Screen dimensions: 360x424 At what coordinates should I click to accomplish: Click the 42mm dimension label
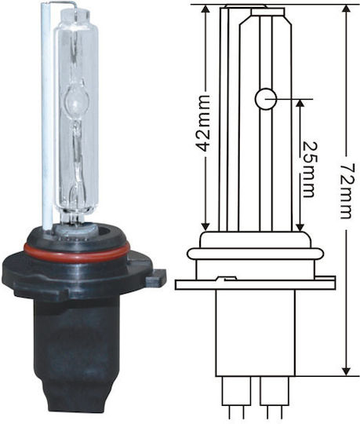pyautogui.click(x=202, y=123)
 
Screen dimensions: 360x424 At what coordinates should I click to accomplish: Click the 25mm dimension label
pyautogui.click(x=309, y=170)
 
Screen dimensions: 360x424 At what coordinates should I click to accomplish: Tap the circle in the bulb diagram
pyautogui.click(x=266, y=99)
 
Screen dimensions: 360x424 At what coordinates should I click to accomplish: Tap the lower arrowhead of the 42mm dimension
pyautogui.click(x=205, y=226)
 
